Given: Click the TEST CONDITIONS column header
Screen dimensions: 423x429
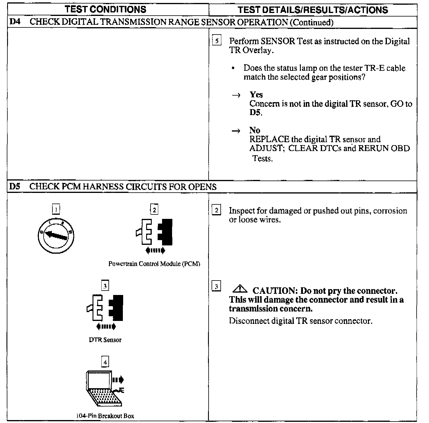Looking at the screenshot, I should pyautogui.click(x=105, y=9).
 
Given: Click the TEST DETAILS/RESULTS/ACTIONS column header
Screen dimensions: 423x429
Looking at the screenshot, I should pyautogui.click(x=313, y=10).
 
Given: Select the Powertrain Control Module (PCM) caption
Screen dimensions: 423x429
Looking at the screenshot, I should pyautogui.click(x=154, y=264).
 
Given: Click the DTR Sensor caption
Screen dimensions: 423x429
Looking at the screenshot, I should pyautogui.click(x=105, y=340).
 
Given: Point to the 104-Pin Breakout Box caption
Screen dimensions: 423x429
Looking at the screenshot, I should pyautogui.click(x=105, y=416).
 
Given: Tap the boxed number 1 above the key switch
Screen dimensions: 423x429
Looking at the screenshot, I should pyautogui.click(x=56, y=209).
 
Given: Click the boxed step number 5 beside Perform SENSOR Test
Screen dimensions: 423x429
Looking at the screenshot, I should pyautogui.click(x=217, y=41).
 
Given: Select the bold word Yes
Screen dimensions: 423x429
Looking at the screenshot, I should pyautogui.click(x=256, y=95).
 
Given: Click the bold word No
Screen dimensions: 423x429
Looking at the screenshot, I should pyautogui.click(x=255, y=130).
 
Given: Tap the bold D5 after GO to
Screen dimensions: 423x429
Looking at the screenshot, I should pyautogui.click(x=255, y=113).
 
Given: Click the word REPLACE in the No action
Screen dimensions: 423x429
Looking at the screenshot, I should pyautogui.click(x=269, y=139).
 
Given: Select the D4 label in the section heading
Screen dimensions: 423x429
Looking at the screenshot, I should pyautogui.click(x=15, y=22).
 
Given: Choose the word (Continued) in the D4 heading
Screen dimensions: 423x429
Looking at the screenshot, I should pyautogui.click(x=311, y=22).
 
